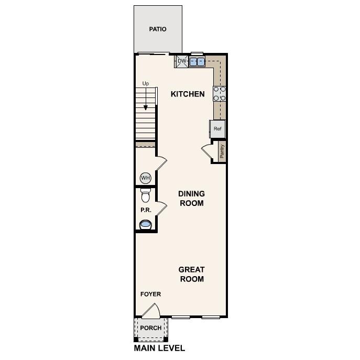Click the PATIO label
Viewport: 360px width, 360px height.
157,29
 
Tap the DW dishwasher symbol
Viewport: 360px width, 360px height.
182,61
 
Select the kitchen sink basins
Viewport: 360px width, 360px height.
197,62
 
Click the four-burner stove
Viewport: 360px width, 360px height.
220,93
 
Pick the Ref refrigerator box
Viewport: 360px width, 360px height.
217,129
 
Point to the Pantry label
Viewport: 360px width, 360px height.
222,151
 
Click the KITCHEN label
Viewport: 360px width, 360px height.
188,94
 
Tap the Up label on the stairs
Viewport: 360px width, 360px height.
146,84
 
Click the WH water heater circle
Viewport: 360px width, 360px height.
145,178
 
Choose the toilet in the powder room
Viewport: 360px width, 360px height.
146,195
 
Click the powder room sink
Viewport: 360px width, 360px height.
145,225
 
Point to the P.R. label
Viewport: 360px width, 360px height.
145,210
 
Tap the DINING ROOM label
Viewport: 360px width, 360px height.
191,199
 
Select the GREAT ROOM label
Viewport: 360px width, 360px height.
191,274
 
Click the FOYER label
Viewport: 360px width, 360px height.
150,294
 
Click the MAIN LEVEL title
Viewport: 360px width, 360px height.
159,348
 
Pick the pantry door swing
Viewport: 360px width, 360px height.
207,151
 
